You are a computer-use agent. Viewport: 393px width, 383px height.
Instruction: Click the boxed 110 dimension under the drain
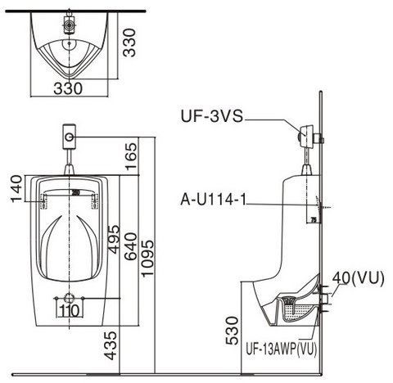[69, 311]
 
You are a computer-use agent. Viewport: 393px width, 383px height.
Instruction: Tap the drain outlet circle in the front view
[70, 296]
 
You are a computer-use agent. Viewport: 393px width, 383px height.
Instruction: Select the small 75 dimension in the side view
[313, 220]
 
